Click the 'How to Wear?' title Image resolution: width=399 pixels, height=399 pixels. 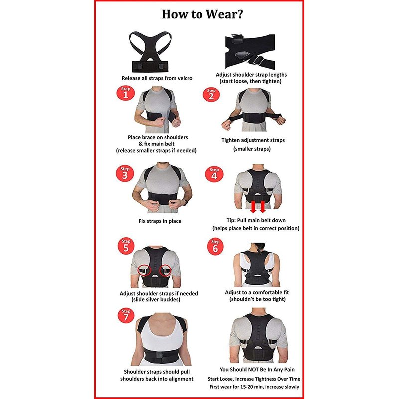202,14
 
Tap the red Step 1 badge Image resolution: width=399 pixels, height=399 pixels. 126,93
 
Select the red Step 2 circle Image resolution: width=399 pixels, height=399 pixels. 211,95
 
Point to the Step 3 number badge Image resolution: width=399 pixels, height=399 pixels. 125,173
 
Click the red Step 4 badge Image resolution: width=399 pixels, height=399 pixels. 214,174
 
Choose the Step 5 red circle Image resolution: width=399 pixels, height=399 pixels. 126,246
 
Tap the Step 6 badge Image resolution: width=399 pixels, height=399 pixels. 215,247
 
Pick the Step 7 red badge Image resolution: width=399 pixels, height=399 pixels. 126,316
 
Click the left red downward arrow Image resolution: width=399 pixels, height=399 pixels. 253,207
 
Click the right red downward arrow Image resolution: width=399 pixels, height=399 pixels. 263,207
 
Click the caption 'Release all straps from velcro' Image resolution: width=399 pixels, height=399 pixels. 157,78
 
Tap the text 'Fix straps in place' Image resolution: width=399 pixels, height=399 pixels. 160,221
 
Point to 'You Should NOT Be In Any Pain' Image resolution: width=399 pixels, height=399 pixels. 257,369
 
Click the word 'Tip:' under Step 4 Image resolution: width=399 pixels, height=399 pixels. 231,220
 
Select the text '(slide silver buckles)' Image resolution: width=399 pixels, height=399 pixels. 156,300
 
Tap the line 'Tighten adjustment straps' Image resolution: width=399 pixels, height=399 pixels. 253,140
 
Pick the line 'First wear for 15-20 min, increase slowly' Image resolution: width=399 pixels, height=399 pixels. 254,387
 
